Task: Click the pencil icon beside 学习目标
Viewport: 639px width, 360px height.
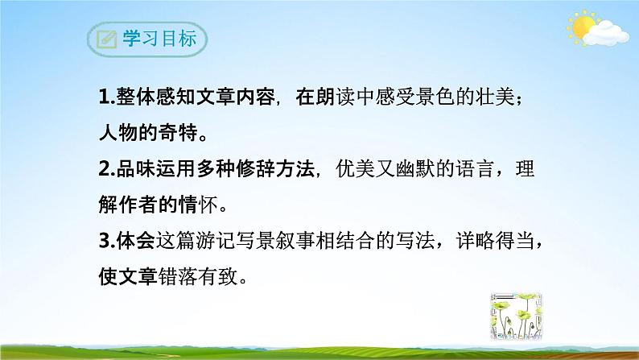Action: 105,39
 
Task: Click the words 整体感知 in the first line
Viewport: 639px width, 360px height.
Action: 159,99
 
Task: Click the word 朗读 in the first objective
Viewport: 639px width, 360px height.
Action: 338,99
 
